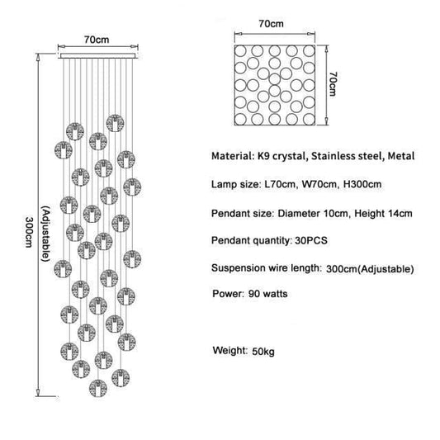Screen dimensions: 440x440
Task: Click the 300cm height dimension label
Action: (29, 232)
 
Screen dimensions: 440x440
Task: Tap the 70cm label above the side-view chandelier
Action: (97, 40)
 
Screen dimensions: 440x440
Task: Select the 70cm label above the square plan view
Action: (271, 24)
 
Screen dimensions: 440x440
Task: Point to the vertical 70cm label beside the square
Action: (333, 83)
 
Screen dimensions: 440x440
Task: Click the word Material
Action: (232, 156)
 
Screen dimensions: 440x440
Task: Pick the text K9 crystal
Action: (282, 156)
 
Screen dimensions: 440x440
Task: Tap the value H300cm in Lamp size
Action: (362, 184)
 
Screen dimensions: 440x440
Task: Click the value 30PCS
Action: (311, 240)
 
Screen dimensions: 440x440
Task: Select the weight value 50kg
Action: (263, 352)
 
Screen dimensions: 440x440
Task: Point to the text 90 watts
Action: (268, 294)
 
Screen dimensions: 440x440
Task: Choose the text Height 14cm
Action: (383, 214)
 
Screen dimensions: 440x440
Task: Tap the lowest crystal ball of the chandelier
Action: (98, 388)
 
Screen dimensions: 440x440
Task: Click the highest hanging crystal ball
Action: (115, 123)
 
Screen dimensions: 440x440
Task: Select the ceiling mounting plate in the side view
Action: (98, 56)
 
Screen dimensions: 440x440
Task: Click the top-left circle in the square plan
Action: (240, 51)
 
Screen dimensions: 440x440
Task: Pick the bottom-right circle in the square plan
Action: (309, 119)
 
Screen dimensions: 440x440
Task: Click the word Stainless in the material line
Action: (329, 156)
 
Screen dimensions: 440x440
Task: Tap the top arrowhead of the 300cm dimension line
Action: (38, 57)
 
